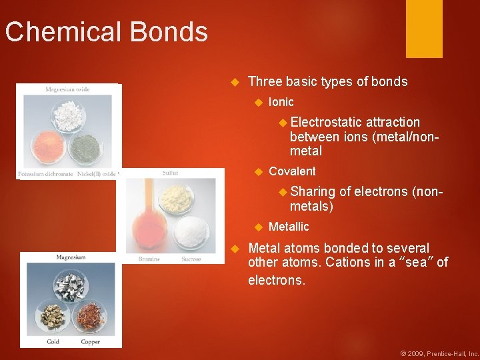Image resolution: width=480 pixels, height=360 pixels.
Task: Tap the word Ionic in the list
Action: point(281,102)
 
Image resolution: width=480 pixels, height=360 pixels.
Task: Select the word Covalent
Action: point(292,171)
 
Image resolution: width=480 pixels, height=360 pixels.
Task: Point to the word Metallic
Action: point(289,227)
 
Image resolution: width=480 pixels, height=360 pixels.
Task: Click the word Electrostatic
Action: point(326,122)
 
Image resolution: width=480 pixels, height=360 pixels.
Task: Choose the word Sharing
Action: point(313,192)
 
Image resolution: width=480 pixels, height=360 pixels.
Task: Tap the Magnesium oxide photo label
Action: point(67,89)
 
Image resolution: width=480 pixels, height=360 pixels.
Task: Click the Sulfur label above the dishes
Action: point(171,173)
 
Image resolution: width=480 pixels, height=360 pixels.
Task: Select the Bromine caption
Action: point(149,259)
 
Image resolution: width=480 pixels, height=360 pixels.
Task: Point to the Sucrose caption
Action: point(191,259)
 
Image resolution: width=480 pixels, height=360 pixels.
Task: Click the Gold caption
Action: point(53,342)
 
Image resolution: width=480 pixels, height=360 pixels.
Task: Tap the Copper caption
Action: point(90,342)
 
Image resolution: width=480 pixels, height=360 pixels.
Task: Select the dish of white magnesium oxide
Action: point(67,115)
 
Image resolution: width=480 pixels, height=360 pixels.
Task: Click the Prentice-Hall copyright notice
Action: point(439,353)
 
